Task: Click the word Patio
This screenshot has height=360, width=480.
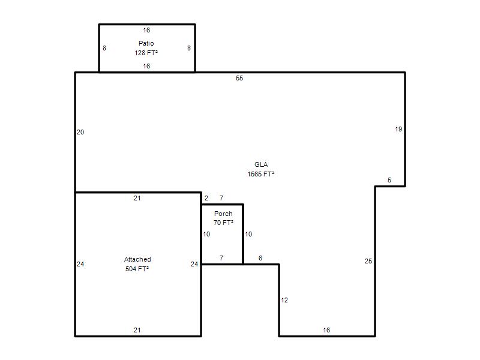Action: (146, 43)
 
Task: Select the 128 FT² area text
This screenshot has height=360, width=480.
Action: (146, 53)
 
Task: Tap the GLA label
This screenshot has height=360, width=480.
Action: (261, 164)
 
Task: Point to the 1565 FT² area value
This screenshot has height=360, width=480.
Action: (260, 174)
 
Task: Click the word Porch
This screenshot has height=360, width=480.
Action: (223, 214)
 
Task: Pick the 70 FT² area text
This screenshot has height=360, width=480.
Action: (223, 223)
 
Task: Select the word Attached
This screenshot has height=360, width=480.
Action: (137, 259)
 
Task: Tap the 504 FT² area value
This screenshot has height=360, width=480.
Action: (137, 269)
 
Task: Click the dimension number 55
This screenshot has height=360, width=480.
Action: (239, 78)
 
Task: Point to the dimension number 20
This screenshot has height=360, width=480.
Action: (80, 132)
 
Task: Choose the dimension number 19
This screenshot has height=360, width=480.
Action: (398, 129)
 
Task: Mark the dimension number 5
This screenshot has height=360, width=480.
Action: (389, 180)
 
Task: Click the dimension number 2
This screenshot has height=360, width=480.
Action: (206, 198)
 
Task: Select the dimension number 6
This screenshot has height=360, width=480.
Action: (260, 258)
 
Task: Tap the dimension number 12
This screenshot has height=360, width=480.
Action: (284, 300)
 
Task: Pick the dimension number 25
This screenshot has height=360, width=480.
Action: (368, 261)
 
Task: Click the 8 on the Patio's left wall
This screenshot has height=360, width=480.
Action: (104, 48)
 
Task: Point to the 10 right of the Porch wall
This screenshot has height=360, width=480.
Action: (248, 234)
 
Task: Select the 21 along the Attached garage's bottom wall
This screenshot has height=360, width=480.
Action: (137, 330)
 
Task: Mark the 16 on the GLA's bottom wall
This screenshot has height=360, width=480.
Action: (326, 330)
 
